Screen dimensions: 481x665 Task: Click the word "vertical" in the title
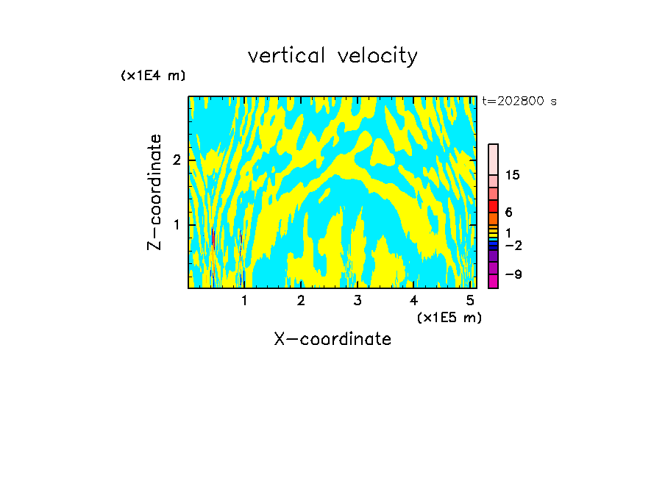click(287, 56)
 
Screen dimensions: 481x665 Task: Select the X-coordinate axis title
click(332, 339)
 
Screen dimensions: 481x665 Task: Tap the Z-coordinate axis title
click(154, 192)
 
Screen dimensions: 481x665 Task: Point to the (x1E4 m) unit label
click(153, 76)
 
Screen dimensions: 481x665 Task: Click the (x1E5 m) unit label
click(449, 317)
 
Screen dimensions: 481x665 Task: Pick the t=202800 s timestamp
click(519, 101)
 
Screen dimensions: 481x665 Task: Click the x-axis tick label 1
click(244, 300)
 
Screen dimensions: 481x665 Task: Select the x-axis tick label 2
click(301, 300)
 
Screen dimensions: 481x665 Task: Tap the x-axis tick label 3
click(358, 300)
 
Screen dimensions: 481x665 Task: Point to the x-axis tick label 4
click(413, 300)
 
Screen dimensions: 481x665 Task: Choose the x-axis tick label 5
click(470, 300)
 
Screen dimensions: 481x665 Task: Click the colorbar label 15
click(513, 175)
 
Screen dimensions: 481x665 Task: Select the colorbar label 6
click(508, 213)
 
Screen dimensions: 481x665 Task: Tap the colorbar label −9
click(512, 274)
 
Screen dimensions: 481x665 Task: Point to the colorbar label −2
click(512, 245)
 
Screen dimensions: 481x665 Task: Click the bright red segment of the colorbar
click(493, 206)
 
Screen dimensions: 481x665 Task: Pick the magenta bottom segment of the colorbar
click(493, 281)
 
